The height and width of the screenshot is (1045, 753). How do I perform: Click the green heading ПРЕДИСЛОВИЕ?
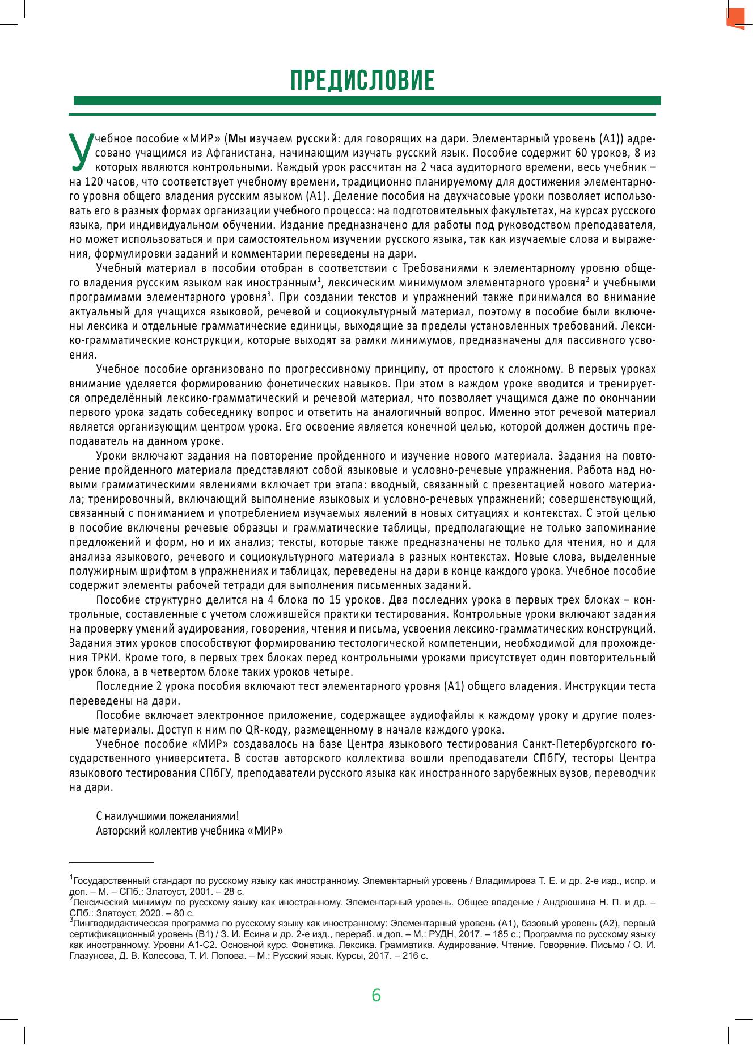362,81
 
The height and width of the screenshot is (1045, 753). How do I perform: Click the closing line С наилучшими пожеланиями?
167,816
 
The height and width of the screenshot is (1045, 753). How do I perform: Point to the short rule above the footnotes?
112,862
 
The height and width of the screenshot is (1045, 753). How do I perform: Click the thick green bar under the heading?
367,101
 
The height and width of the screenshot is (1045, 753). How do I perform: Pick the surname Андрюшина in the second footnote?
569,901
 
